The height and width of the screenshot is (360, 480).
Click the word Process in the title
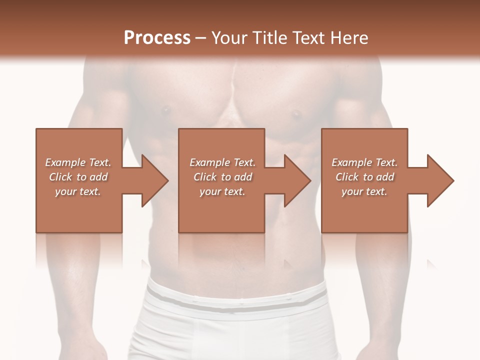coord(157,37)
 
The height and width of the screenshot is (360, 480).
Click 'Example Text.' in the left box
coord(78,162)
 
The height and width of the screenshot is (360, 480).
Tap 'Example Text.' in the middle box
coord(222,162)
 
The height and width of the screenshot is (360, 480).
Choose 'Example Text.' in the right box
coord(364,162)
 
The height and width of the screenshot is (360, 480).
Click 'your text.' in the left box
coord(78,191)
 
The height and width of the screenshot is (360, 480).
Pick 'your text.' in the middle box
coord(222,191)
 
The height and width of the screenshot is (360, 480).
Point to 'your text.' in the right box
coord(364,191)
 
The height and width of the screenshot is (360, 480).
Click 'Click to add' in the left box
coord(78,177)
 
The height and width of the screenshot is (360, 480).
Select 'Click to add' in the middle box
coord(222,177)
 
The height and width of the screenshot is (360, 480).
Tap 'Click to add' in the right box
coord(364,177)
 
